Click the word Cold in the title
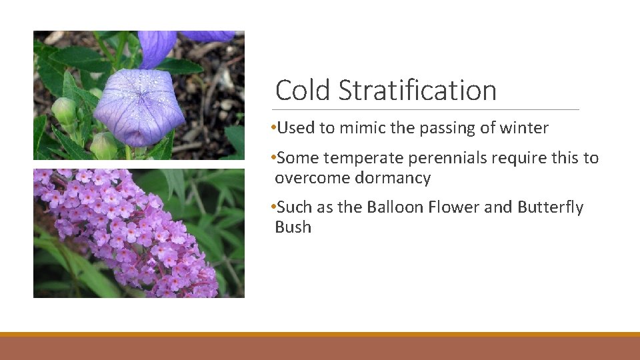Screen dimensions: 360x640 303,91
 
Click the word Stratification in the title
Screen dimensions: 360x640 417,91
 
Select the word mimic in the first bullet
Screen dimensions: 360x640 361,128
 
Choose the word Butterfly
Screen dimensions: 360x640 549,207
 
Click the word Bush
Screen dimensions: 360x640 293,227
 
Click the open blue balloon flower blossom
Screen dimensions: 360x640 139,107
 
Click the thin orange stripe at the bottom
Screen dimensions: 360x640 320,334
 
